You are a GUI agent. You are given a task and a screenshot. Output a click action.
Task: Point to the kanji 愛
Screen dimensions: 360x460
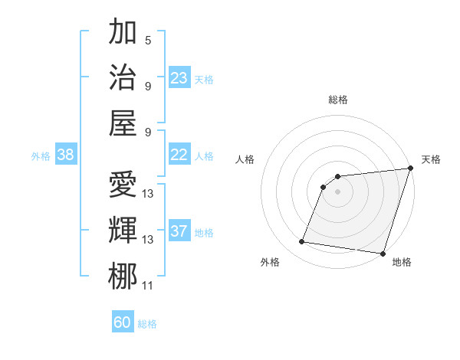pyautogui.click(x=123, y=185)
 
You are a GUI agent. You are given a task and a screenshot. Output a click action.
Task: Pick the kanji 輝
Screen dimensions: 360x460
pyautogui.click(x=123, y=231)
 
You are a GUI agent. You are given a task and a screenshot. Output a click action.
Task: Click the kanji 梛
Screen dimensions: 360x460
pyautogui.click(x=123, y=276)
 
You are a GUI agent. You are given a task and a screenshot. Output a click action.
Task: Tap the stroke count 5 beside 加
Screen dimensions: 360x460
pyautogui.click(x=148, y=40)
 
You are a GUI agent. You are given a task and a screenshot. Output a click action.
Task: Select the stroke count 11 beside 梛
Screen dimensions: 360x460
pyautogui.click(x=148, y=286)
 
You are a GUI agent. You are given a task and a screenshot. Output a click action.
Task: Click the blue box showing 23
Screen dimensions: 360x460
pyautogui.click(x=179, y=78)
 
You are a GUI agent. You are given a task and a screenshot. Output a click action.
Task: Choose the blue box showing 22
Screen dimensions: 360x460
pyautogui.click(x=179, y=155)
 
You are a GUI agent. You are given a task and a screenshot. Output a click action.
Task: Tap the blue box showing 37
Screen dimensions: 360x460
pyautogui.click(x=179, y=231)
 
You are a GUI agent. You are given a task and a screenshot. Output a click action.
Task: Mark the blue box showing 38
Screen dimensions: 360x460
pyautogui.click(x=65, y=155)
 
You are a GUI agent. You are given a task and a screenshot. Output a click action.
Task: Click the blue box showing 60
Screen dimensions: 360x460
pyautogui.click(x=123, y=322)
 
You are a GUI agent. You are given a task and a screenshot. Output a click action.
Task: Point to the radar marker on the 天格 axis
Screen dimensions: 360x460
pyautogui.click(x=410, y=169)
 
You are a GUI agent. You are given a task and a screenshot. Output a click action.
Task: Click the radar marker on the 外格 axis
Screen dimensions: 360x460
pyautogui.click(x=302, y=242)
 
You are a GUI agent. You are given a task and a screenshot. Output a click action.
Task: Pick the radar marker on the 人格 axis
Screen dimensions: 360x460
pyautogui.click(x=324, y=186)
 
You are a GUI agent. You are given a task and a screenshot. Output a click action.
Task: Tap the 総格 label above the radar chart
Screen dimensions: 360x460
pyautogui.click(x=337, y=100)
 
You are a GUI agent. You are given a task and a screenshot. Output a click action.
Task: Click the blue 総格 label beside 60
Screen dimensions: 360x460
pyautogui.click(x=147, y=324)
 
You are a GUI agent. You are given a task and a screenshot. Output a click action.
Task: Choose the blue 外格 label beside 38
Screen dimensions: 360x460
pyautogui.click(x=41, y=156)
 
